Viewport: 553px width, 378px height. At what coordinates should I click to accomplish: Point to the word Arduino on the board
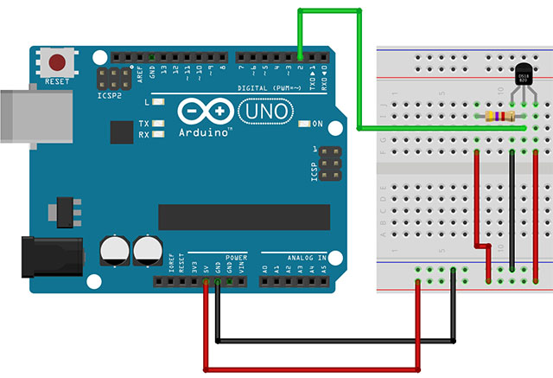205,134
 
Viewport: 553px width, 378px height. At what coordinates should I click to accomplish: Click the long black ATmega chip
244,216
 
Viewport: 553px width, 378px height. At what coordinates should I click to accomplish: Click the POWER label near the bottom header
236,258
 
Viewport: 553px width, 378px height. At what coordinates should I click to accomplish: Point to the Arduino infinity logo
206,112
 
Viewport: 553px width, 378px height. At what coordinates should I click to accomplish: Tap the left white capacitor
115,251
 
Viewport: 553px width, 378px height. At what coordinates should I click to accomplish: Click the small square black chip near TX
122,131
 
